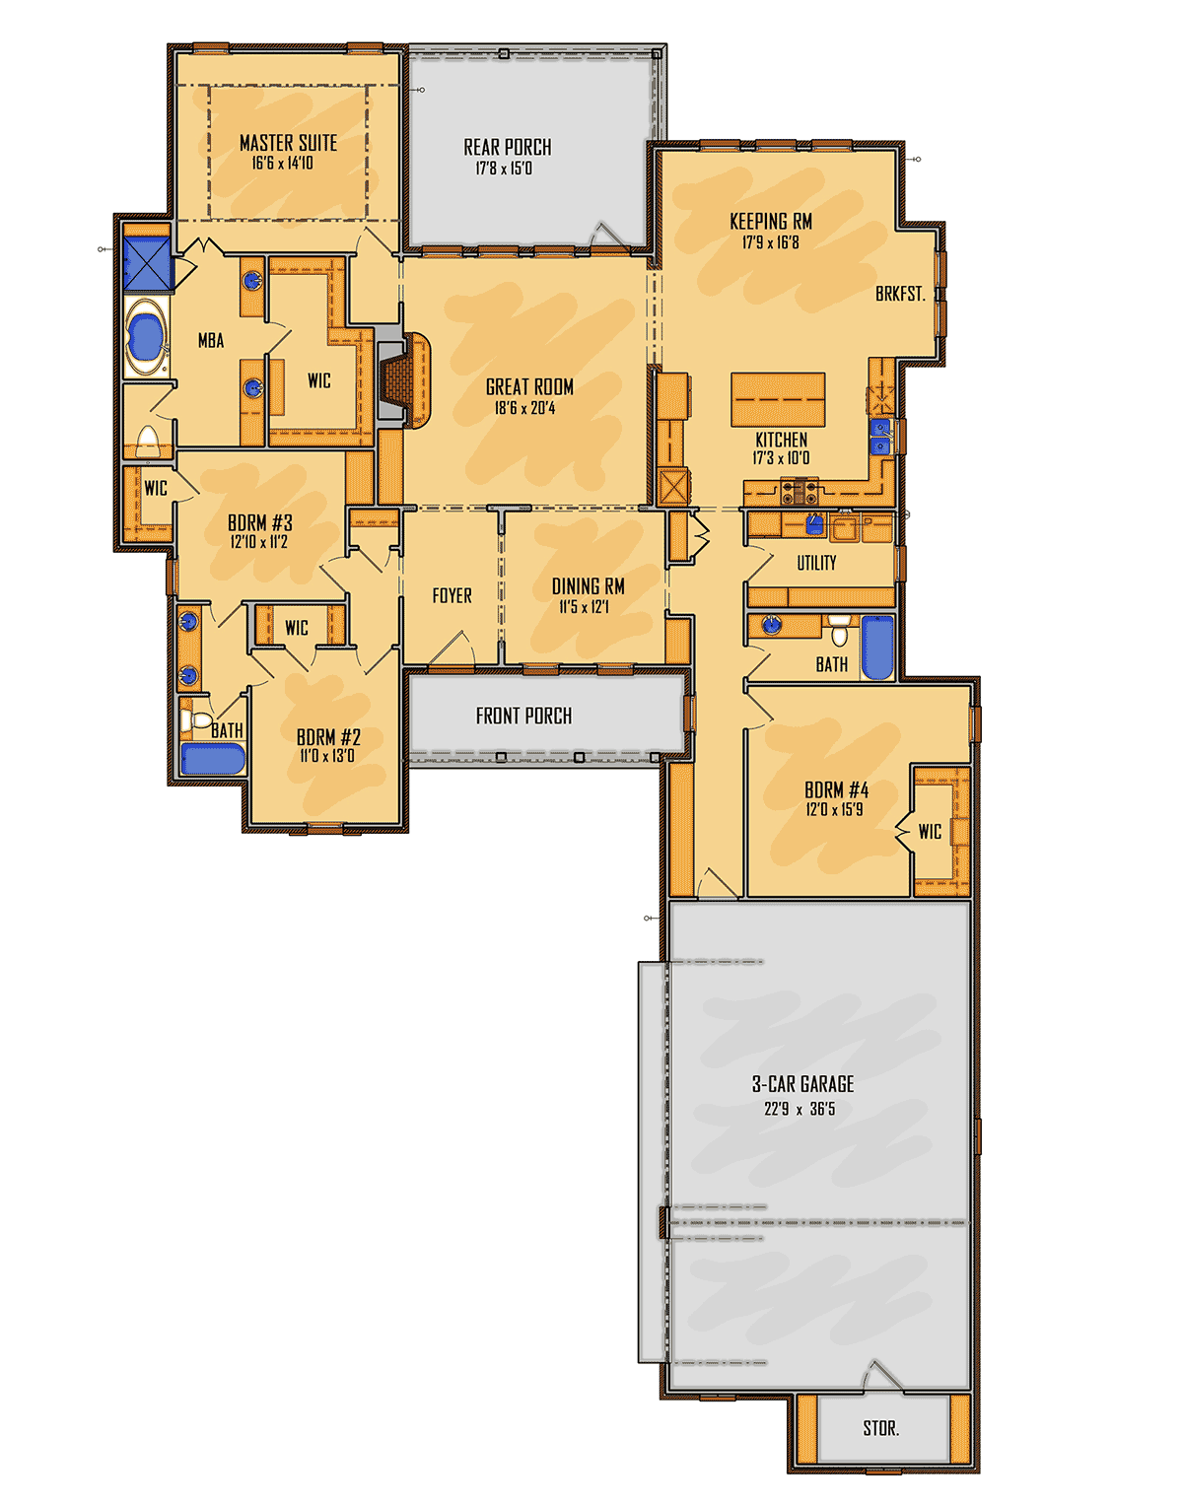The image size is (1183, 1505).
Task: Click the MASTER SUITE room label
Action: pyautogui.click(x=288, y=143)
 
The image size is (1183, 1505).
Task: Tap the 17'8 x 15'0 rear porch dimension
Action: pyautogui.click(x=504, y=169)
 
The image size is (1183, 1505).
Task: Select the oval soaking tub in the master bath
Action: pyautogui.click(x=147, y=337)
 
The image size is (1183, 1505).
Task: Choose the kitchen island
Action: pyautogui.click(x=778, y=399)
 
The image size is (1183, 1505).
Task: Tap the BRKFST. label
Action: pyautogui.click(x=900, y=294)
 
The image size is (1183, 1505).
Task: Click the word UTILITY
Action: pyautogui.click(x=816, y=563)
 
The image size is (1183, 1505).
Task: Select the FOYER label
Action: pyautogui.click(x=452, y=595)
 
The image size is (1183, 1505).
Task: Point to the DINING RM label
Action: pyautogui.click(x=588, y=586)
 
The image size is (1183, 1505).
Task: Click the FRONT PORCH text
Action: pyautogui.click(x=523, y=716)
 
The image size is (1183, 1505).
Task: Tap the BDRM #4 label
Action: pyautogui.click(x=836, y=789)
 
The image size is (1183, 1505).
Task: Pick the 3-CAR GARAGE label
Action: pyautogui.click(x=802, y=1084)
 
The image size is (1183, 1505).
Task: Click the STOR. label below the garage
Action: pyautogui.click(x=881, y=1428)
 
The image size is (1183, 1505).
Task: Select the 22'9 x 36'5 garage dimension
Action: pyautogui.click(x=800, y=1109)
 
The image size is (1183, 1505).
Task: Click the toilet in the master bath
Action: pyautogui.click(x=148, y=442)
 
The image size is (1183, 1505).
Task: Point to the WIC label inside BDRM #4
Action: pyautogui.click(x=930, y=831)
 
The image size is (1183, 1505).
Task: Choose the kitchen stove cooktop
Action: pyautogui.click(x=800, y=491)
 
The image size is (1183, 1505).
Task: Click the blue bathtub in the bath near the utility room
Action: pyautogui.click(x=877, y=648)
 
